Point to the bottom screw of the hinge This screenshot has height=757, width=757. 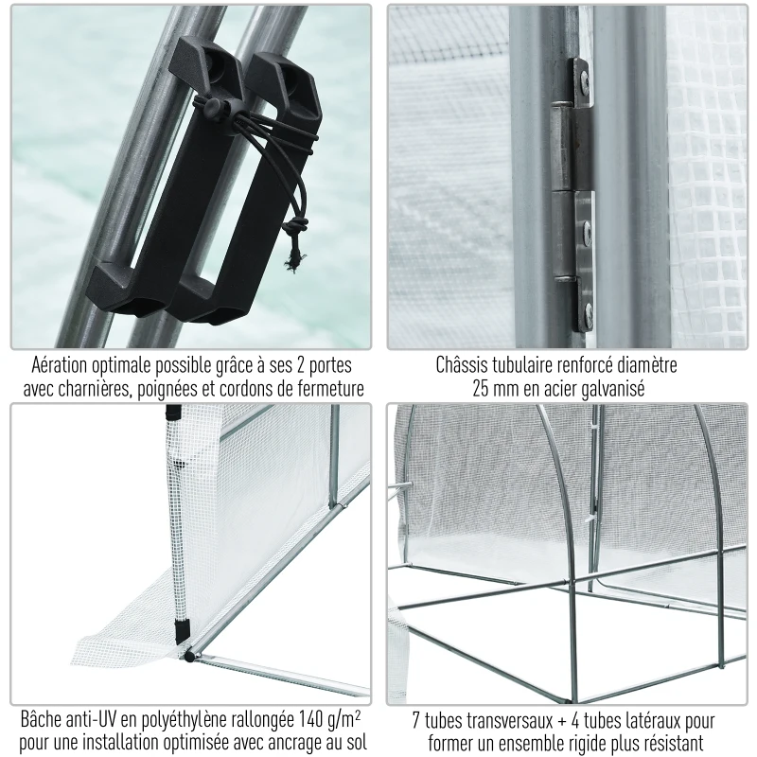coord(589,311)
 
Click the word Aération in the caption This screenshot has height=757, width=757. coord(60,365)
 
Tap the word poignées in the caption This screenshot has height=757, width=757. coord(168,390)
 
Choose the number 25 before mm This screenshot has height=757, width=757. coord(481,389)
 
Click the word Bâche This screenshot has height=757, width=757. coord(40,719)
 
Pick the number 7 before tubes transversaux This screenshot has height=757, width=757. coord(416,720)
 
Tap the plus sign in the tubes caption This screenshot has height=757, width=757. coord(561,721)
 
